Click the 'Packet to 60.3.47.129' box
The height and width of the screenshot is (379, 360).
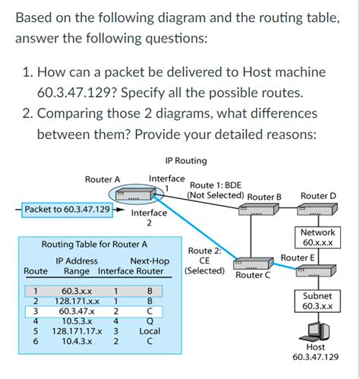(67, 209)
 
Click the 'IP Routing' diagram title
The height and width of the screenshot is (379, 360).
(185, 160)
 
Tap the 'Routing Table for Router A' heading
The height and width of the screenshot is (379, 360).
(93, 245)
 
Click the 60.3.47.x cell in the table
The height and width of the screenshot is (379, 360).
(77, 311)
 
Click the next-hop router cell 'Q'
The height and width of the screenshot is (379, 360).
(150, 321)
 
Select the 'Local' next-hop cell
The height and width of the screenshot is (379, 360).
(150, 331)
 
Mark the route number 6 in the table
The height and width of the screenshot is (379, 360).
(34, 342)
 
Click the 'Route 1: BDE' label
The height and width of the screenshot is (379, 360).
(215, 185)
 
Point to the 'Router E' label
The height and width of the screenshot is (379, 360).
(296, 257)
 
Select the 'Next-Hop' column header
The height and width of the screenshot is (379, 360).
(149, 260)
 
